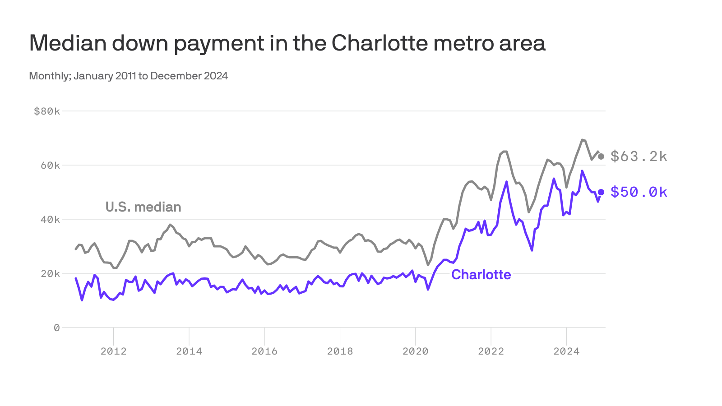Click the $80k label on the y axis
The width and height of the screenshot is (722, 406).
coord(46,111)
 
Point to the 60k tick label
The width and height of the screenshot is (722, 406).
coord(50,166)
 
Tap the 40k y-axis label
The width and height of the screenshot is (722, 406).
coord(50,220)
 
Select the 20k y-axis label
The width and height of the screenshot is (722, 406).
coord(50,274)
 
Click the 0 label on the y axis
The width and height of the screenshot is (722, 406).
coord(56,328)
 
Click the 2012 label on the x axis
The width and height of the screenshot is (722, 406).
coord(114,351)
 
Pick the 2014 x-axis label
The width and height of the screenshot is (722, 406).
coord(189,351)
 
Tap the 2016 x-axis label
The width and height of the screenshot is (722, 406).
coord(264,351)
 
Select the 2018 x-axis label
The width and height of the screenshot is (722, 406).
coord(340,351)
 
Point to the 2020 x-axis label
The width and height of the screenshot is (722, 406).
coord(415,351)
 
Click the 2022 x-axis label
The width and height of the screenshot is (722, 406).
coord(491,351)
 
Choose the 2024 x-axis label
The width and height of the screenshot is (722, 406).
coord(566,351)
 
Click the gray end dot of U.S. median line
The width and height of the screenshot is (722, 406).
coord(601,157)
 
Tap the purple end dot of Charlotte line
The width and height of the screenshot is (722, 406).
coord(601,192)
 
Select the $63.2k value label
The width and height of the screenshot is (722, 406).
coord(639,157)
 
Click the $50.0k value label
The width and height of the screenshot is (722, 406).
coord(639,192)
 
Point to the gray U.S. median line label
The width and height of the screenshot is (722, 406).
coord(143,207)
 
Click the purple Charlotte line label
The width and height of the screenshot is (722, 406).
coord(481,275)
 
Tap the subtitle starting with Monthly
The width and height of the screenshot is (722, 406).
coord(128,76)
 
